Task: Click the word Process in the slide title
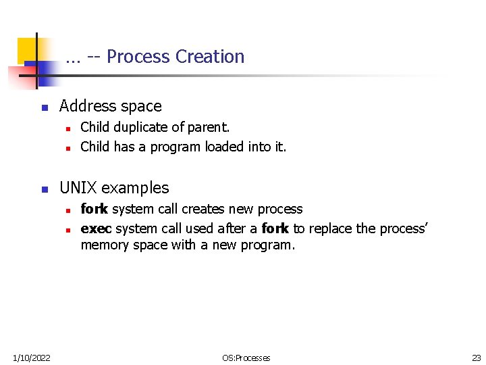[x=138, y=57]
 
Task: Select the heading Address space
[x=111, y=106]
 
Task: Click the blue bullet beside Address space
[x=44, y=107]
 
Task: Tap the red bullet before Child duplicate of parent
[x=69, y=128]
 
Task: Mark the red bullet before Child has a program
[x=69, y=147]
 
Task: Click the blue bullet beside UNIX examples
[x=44, y=189]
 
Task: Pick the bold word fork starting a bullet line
[x=94, y=209]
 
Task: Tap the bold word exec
[x=94, y=228]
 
